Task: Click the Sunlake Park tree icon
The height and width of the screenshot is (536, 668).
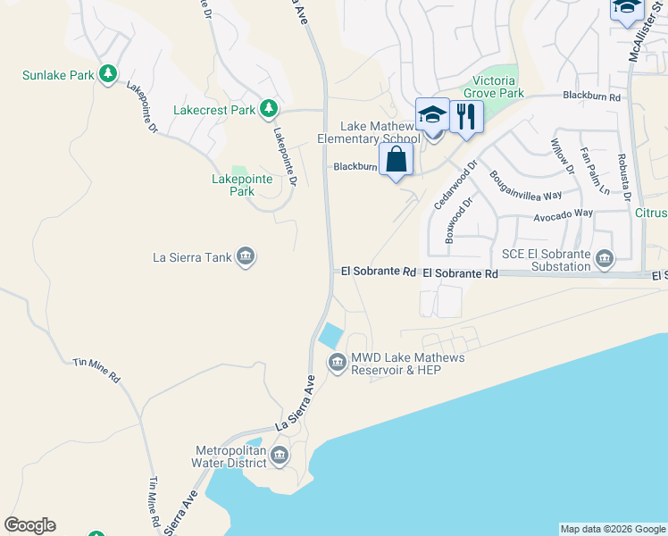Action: (x=108, y=74)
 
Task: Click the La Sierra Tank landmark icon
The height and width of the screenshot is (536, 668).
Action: (x=246, y=258)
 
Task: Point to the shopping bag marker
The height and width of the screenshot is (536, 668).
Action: (x=396, y=161)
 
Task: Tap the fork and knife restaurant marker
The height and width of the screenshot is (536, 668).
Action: (x=466, y=117)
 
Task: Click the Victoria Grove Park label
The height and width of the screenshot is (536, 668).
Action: (x=494, y=87)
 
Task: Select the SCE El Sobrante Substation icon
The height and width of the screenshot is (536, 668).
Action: (x=605, y=259)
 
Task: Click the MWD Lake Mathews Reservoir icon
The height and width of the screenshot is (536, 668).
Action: (x=337, y=363)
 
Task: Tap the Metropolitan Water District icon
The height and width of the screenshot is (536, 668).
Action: (x=279, y=456)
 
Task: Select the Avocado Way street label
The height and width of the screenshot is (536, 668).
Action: (x=563, y=214)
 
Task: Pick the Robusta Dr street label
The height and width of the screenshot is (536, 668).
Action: (x=624, y=176)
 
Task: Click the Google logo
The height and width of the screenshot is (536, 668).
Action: (x=29, y=525)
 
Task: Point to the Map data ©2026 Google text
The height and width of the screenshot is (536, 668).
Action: (x=613, y=529)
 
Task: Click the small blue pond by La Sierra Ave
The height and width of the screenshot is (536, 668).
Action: (x=330, y=336)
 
